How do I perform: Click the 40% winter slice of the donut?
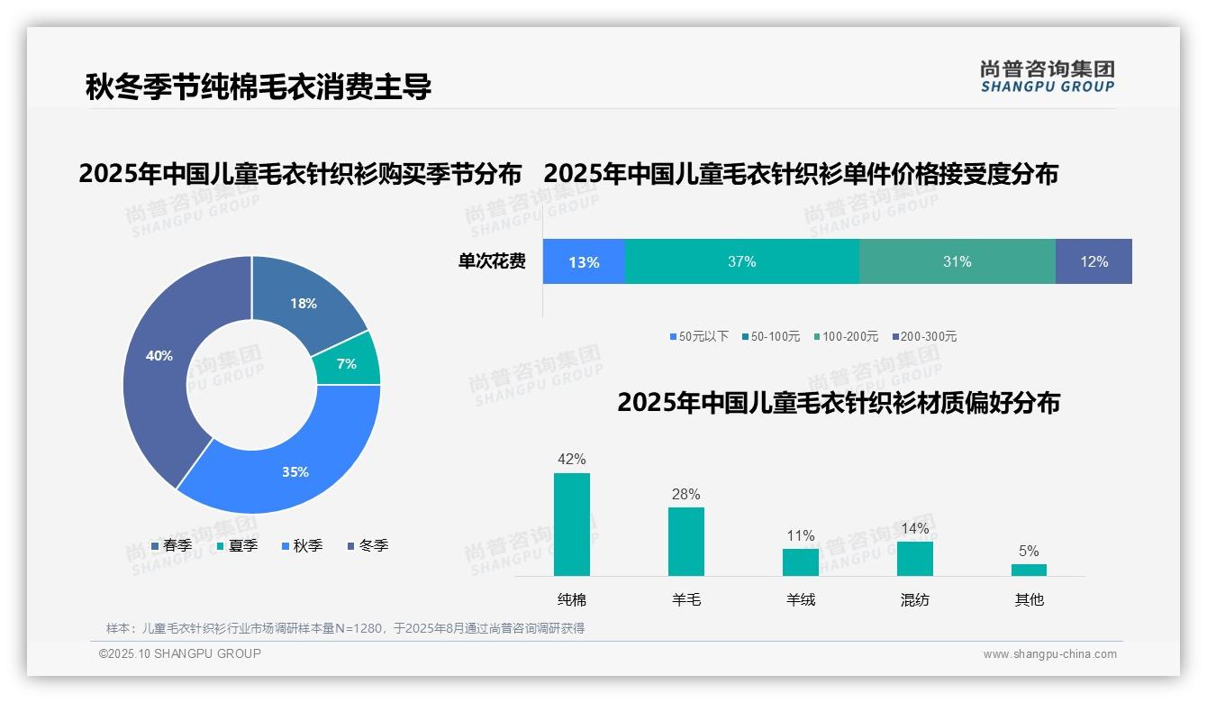tap(158, 361)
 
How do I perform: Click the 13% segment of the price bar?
tap(584, 262)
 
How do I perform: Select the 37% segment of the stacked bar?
tap(741, 262)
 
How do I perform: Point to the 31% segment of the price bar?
tap(957, 262)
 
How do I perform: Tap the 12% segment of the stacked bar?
tap(1094, 262)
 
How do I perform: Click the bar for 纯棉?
tap(572, 525)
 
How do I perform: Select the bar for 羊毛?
tap(686, 541)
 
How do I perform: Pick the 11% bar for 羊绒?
tap(801, 561)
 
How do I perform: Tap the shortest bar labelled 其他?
tap(1029, 570)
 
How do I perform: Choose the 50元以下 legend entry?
tap(699, 336)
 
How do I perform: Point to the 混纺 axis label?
tap(915, 599)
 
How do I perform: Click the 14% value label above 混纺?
tap(915, 529)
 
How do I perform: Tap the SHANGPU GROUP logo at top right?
tap(1048, 77)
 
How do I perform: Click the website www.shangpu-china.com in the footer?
tap(1049, 653)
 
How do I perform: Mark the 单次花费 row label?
tap(492, 261)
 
